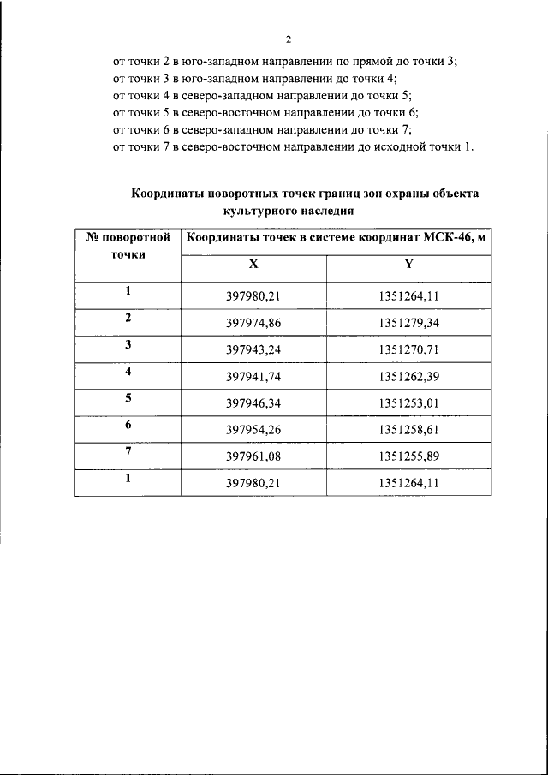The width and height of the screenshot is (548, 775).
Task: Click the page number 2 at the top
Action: coord(288,39)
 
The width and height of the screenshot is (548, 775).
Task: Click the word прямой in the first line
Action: coord(378,61)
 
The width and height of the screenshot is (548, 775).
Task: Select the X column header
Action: coord(253,265)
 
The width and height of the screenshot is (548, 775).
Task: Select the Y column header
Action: coord(408,265)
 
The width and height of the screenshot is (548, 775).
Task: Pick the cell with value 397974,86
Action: coord(253,324)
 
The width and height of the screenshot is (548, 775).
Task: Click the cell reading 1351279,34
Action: coord(408,324)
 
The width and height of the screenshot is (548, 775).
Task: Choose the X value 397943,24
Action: coord(253,350)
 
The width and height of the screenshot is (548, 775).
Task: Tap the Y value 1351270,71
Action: coord(408,350)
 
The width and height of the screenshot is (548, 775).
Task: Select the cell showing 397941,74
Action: coord(253,377)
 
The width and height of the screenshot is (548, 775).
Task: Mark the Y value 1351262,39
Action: coord(408,377)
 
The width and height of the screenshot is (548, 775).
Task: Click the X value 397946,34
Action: coord(253,403)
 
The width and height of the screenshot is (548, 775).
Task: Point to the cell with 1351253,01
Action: coord(408,403)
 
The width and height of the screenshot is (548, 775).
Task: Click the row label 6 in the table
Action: coord(128,425)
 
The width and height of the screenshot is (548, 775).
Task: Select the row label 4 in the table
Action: coord(128,372)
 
